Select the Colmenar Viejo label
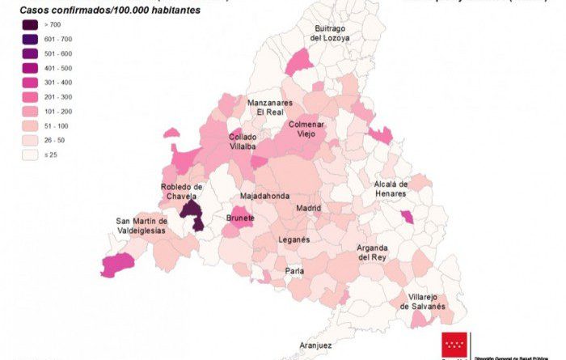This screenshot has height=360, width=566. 306,129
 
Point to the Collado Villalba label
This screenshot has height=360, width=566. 243,142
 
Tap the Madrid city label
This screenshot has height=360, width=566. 308,208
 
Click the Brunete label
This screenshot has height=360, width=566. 241,218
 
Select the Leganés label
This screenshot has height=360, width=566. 294,240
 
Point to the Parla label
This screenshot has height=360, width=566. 294,271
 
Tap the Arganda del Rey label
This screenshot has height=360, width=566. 373,252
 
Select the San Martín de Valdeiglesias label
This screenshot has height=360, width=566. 141,226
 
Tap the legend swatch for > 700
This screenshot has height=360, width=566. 33,25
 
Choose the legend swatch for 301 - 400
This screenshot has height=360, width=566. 33,83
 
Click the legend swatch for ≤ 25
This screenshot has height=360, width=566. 33,155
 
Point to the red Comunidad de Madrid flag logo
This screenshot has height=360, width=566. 454,345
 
